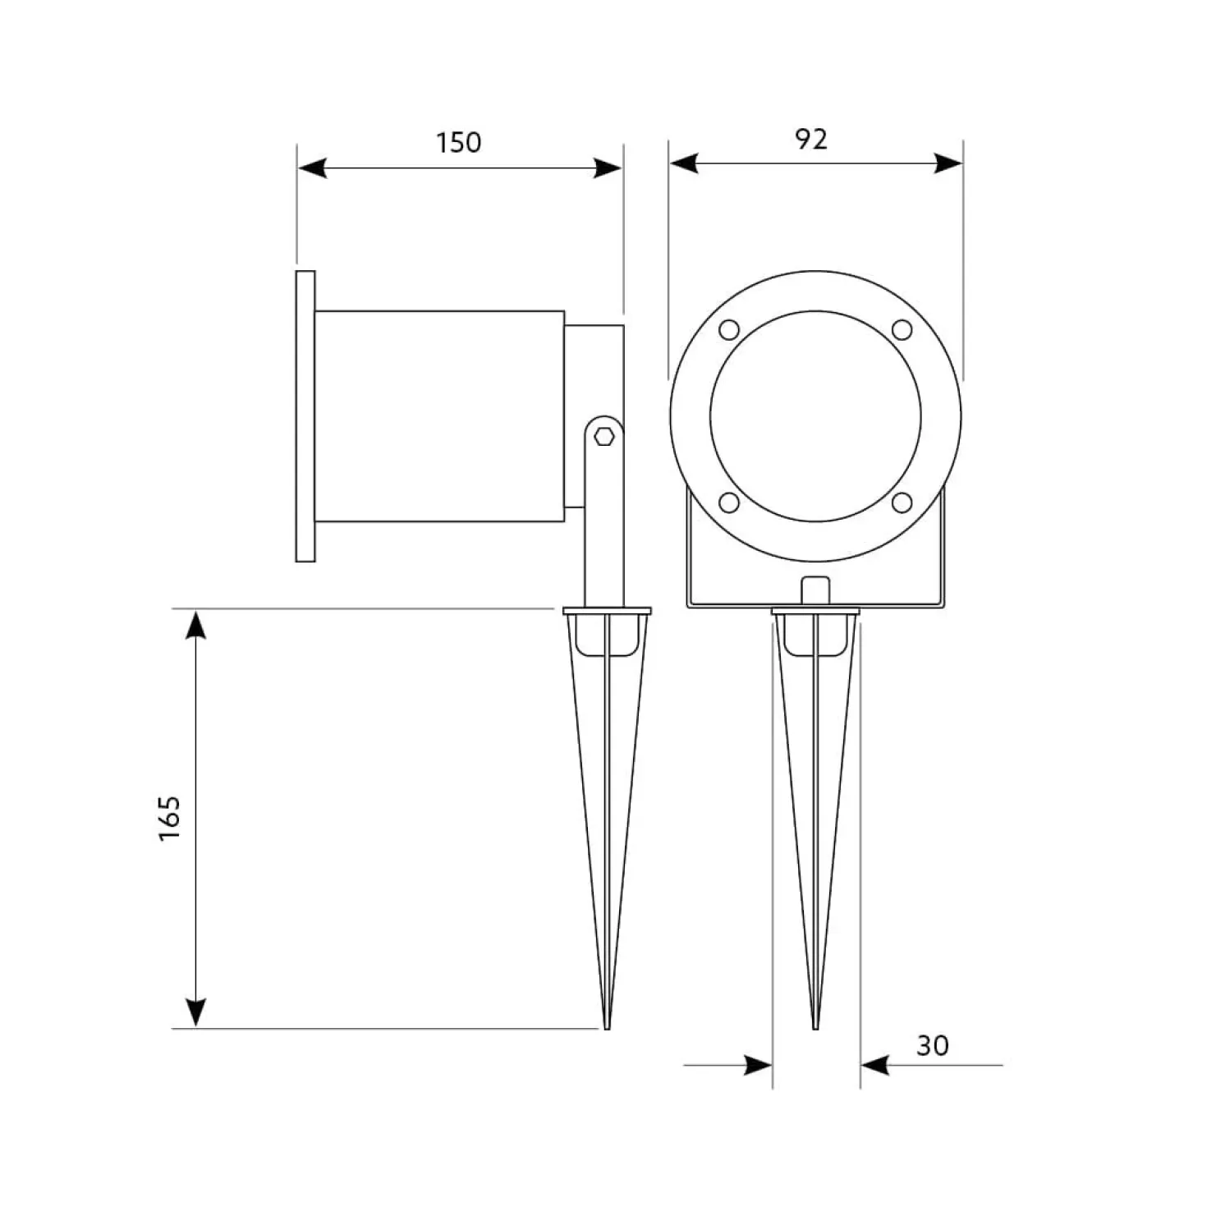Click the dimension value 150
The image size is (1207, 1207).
(x=458, y=143)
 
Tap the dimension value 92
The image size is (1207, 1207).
(x=811, y=139)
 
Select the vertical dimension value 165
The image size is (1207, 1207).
(x=170, y=818)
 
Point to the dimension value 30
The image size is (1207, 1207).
(x=933, y=1045)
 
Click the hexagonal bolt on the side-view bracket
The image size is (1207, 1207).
(x=604, y=436)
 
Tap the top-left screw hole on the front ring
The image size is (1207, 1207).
(x=729, y=329)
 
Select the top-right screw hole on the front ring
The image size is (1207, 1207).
(x=902, y=329)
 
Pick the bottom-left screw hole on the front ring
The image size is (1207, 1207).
(x=729, y=502)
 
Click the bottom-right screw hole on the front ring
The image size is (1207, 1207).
(x=902, y=502)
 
